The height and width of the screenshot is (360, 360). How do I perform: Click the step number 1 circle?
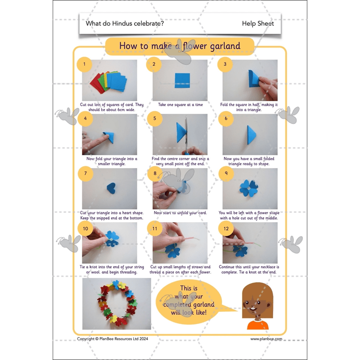pos(83,64)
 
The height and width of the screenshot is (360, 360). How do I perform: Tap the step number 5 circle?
pos(154,119)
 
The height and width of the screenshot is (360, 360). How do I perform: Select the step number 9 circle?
pos(225,173)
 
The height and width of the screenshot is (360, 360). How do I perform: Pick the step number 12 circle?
pos(225,229)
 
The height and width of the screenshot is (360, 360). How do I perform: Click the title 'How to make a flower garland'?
pos(180,46)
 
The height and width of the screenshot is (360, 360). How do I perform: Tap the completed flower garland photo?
pos(117,303)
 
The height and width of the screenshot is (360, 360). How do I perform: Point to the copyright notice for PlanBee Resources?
pos(112,339)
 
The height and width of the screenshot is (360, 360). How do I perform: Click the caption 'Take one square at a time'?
pos(180,104)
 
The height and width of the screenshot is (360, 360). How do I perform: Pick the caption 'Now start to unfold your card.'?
pos(180,213)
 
